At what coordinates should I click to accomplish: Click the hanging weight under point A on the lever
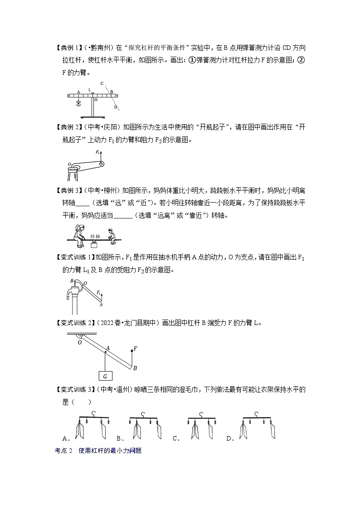point(78,103)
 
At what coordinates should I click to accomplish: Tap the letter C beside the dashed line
point(102,83)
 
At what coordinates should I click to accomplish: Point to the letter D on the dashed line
point(116,107)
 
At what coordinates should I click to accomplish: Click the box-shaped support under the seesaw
point(95,245)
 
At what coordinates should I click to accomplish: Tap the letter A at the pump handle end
point(100,305)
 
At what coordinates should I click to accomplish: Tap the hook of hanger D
point(258,414)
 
